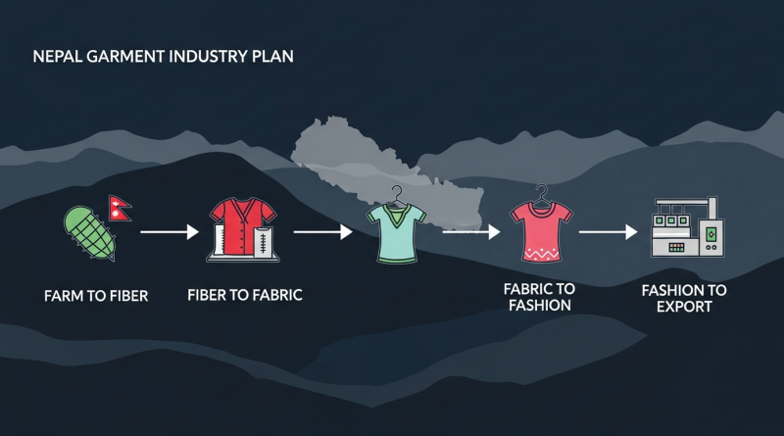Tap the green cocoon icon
(x=89, y=233)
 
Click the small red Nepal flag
(x=120, y=208)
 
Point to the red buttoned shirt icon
(x=243, y=229)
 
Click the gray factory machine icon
(x=688, y=227)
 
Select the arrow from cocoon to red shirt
(x=170, y=232)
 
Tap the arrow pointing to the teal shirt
(x=323, y=232)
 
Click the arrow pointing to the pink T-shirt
(x=471, y=232)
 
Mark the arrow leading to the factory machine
(x=608, y=232)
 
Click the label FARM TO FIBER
(x=96, y=296)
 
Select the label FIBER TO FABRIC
(x=245, y=295)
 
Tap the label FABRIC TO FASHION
(x=540, y=297)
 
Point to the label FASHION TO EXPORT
(x=684, y=299)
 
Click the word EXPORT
(x=684, y=307)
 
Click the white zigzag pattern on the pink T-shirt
(x=542, y=254)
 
